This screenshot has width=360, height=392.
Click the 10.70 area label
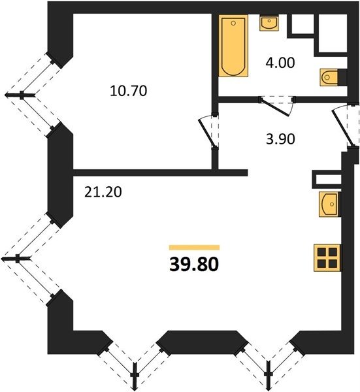tap(128, 91)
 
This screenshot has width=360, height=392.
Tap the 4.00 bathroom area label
tap(280, 63)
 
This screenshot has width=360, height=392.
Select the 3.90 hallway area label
tap(280, 139)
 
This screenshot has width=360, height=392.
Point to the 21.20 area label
tap(103, 192)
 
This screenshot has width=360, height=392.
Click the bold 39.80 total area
tap(194, 265)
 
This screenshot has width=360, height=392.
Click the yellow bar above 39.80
tap(194, 248)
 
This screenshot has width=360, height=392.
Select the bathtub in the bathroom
tap(233, 46)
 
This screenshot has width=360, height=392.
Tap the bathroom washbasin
tap(269, 24)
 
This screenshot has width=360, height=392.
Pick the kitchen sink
tap(329, 204)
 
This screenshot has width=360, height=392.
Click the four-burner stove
tap(327, 258)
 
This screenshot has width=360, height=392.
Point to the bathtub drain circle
tap(233, 24)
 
